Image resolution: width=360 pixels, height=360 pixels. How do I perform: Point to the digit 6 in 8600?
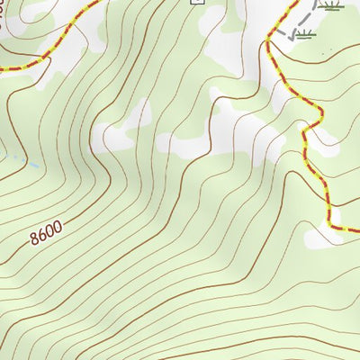(x=42, y=237)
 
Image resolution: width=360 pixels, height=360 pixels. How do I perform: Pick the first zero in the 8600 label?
(x=50, y=232)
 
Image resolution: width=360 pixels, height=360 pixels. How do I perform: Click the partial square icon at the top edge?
(x=198, y=2)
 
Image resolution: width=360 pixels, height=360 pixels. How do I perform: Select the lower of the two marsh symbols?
(x=306, y=35)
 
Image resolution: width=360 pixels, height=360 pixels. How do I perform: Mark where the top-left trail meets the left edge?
(x=1, y=68)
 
